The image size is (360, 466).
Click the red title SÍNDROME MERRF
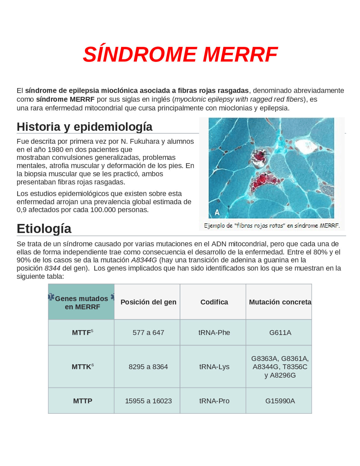(180, 54)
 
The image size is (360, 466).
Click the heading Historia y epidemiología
(84, 127)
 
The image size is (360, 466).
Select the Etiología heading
(44, 228)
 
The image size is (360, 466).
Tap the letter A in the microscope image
(217, 212)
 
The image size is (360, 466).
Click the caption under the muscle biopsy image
(272, 226)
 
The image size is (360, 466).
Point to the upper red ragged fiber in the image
(260, 157)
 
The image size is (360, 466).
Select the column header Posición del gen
(148, 302)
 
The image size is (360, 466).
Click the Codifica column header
(214, 302)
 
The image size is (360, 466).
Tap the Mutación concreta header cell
(280, 302)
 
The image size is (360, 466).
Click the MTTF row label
(81, 333)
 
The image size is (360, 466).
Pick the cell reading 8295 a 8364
(148, 367)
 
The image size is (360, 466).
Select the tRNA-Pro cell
(214, 401)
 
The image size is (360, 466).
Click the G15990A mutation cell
(280, 401)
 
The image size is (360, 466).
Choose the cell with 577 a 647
(148, 333)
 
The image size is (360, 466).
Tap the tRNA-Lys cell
(214, 367)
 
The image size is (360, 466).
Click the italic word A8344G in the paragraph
(144, 260)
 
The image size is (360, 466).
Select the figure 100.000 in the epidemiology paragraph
(101, 210)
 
